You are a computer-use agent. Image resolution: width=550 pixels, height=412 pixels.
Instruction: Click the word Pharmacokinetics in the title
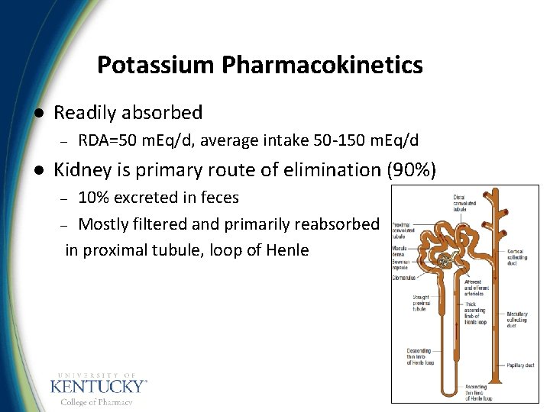click(322, 66)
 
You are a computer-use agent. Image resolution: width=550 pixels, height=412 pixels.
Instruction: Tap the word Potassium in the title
click(157, 66)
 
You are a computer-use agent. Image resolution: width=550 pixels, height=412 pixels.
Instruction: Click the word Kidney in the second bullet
click(82, 169)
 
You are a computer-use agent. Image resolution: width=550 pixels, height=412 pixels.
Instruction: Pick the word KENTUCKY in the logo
click(96, 386)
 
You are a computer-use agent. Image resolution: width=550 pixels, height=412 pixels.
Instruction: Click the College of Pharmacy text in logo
click(96, 402)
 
